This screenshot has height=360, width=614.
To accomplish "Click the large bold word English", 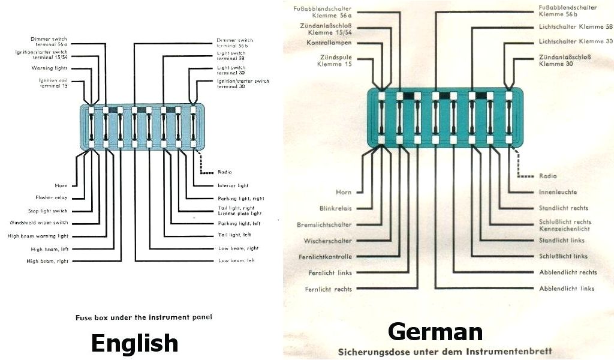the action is click(134, 343).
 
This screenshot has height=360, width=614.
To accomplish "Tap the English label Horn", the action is click(61, 185).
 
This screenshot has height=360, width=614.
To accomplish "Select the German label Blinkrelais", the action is click(336, 208).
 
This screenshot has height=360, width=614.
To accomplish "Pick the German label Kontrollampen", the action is click(329, 43).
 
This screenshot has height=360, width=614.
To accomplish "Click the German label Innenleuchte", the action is click(558, 192).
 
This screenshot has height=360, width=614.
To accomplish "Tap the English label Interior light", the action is click(233, 185).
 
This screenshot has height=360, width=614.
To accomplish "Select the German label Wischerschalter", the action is click(328, 241).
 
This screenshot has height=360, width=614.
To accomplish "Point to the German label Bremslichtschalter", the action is click(324, 224).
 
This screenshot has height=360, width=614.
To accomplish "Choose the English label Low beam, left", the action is click(236, 260).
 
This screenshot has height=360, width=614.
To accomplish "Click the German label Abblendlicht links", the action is click(567, 289).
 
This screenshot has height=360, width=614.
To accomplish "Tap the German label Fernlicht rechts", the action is click(329, 289).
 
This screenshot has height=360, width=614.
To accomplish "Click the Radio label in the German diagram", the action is click(547, 176).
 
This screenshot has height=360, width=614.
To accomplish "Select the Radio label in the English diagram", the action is click(225, 172).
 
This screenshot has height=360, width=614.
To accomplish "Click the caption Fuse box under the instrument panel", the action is click(144, 317).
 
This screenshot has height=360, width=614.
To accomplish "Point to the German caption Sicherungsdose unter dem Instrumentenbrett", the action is click(445, 351).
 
